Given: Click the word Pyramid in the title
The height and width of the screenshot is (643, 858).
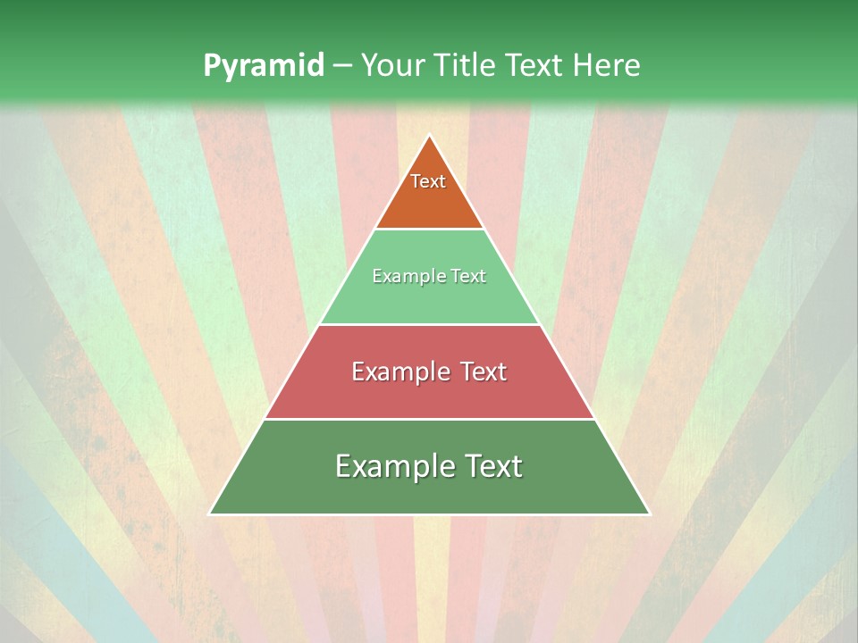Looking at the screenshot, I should (264, 65).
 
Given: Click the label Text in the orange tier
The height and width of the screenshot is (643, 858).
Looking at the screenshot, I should (428, 181).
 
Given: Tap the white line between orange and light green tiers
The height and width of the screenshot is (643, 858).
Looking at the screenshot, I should (429, 229).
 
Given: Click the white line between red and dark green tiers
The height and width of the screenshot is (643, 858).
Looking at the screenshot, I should (429, 419).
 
